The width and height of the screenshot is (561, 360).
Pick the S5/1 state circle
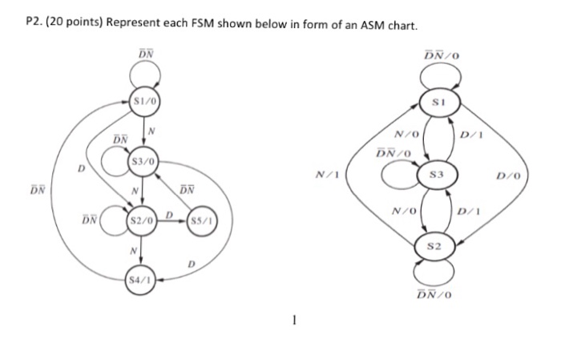coord(200,220)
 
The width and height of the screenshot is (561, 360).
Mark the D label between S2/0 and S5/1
coord(169,214)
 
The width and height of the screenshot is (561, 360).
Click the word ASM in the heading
coord(357,26)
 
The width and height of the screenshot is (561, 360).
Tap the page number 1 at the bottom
coord(295,322)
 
